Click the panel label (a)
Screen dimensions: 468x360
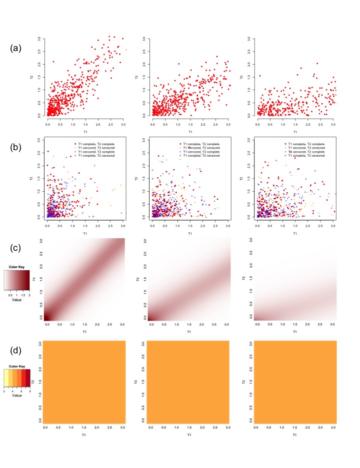point(16,49)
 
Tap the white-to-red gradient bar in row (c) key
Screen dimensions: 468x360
point(17,277)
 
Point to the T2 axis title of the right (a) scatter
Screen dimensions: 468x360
point(242,77)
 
